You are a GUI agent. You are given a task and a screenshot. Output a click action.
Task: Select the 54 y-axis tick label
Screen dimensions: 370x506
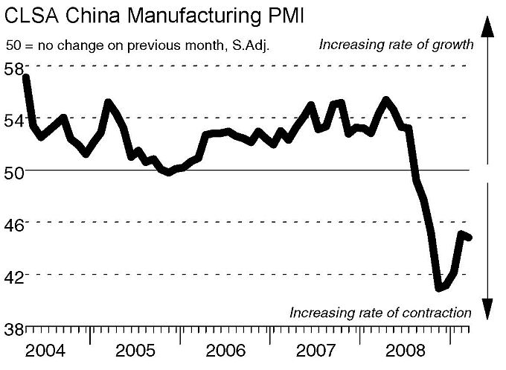(13, 120)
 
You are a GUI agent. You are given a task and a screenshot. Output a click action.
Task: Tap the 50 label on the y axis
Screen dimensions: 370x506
(13, 172)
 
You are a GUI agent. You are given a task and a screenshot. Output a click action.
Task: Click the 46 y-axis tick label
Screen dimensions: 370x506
(13, 224)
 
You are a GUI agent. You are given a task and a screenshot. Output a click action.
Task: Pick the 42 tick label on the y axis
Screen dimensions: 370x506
(13, 276)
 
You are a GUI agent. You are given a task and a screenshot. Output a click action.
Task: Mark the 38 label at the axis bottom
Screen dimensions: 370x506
(13, 328)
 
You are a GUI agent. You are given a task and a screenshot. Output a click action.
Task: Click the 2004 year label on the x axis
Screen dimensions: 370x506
(45, 350)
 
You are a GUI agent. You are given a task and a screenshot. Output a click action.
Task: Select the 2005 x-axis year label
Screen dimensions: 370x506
(135, 350)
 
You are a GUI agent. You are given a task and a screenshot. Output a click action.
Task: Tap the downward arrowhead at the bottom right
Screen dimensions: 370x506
(487, 307)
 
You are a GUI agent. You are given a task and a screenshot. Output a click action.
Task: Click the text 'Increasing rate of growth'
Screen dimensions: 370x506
(396, 45)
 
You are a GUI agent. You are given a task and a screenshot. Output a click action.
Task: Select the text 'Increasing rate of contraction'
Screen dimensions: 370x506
(380, 313)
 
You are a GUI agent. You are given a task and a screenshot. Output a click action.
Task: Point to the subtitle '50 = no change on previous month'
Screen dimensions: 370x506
(137, 45)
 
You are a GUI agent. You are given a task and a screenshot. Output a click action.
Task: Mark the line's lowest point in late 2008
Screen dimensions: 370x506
(439, 288)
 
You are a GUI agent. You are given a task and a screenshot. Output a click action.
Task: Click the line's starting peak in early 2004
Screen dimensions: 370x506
(26, 77)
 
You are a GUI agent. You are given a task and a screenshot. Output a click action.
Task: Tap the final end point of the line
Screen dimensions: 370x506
(469, 237)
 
